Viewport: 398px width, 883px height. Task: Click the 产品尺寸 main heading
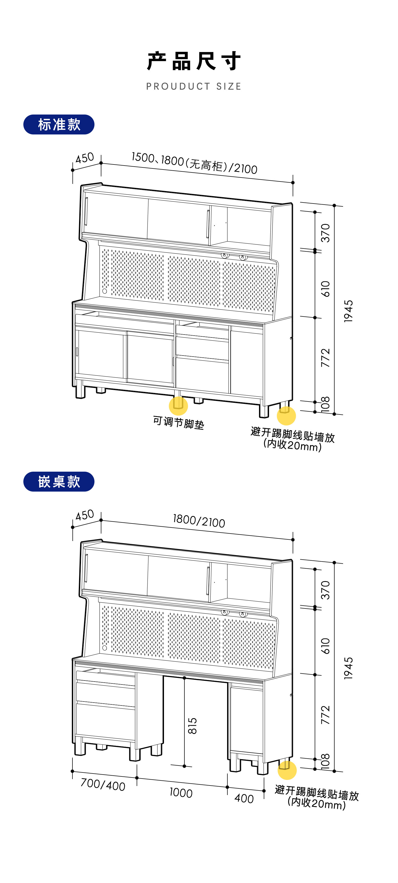coord(194,61)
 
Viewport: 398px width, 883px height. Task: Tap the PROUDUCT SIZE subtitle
coord(194,86)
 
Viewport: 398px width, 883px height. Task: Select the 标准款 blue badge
coord(59,124)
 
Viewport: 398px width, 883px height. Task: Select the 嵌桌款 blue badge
coord(59,481)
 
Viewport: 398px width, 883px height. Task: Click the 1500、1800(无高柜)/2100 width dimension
coord(194,163)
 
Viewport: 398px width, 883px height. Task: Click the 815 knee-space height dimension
coord(192,726)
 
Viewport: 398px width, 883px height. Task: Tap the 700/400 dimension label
coord(103,784)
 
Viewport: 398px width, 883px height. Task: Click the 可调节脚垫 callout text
coord(178,422)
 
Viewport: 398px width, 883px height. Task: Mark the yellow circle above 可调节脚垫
coord(178,405)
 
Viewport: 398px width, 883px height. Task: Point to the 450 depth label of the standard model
coord(85,158)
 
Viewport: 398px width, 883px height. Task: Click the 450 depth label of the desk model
coord(85,515)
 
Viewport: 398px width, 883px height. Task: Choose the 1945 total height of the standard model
coord(348,311)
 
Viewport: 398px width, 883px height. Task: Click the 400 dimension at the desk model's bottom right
coord(244,799)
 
